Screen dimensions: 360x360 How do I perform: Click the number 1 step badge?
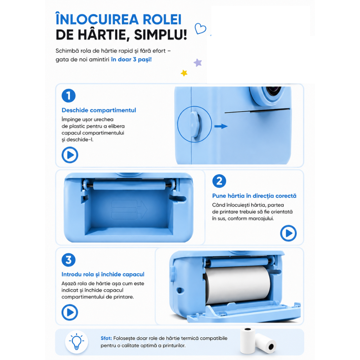[x=68, y=95]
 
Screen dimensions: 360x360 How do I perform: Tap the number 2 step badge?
[x=219, y=181]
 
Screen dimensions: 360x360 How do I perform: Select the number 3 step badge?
[x=68, y=260]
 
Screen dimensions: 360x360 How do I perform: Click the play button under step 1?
[x=70, y=155]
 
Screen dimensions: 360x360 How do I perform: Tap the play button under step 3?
[x=70, y=312]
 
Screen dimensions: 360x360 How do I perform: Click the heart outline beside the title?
[x=200, y=29]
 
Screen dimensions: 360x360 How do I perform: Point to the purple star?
[x=198, y=62]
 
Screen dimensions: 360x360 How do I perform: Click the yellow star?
[x=184, y=73]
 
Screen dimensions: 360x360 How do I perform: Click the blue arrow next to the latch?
[x=221, y=126]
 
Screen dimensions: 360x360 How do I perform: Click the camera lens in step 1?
[x=272, y=91]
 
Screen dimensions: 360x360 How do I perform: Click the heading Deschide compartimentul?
[x=99, y=110]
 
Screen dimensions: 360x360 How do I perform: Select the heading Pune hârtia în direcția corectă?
[x=254, y=196]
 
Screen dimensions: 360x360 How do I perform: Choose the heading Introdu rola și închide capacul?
[x=103, y=274]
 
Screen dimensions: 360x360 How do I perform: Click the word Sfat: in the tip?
[x=106, y=338]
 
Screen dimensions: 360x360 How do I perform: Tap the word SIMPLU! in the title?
[x=161, y=35]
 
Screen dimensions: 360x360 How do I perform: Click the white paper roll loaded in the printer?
[x=238, y=285]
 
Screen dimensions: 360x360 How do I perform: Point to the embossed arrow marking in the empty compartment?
[x=129, y=210]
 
